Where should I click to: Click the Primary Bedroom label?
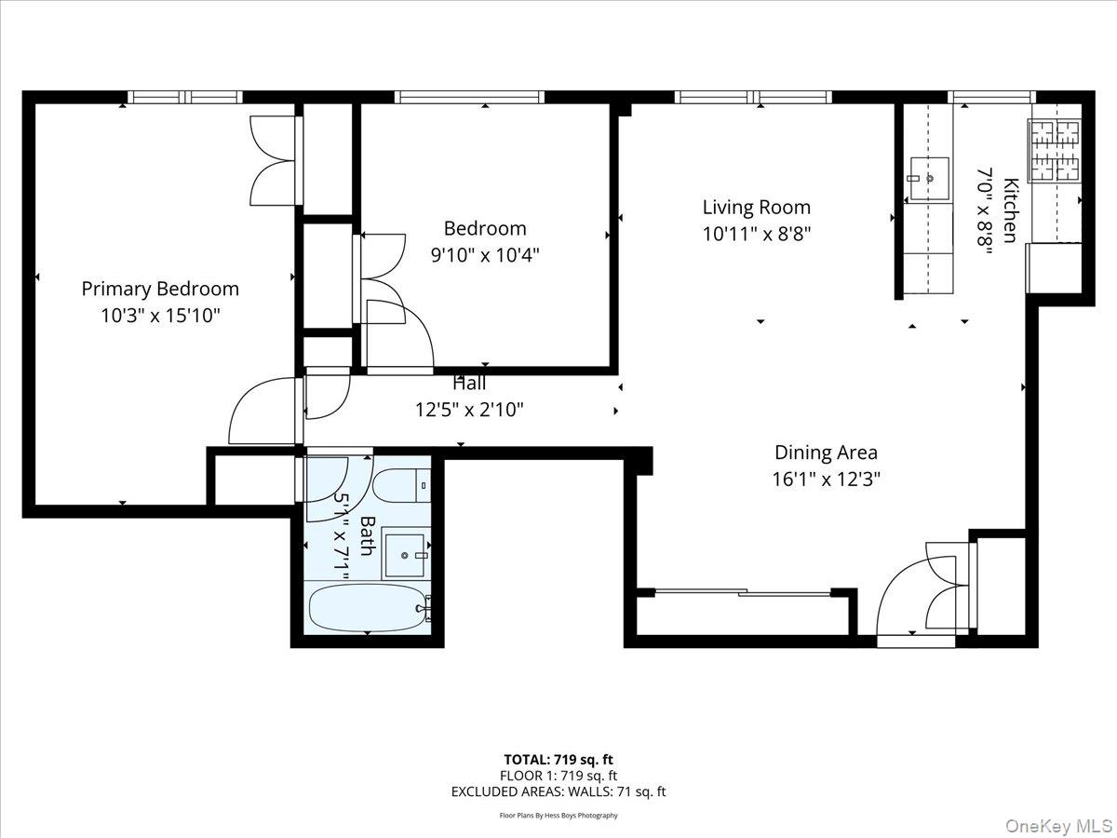point(160,289)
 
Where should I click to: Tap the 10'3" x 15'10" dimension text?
point(160,316)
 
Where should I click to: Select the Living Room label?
point(756,207)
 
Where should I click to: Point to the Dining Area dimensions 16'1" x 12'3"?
point(826,480)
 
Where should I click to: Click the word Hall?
point(469,383)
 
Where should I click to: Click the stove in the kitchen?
point(1055,151)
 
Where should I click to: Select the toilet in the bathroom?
point(401,485)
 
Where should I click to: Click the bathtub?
point(369,607)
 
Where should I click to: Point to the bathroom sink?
point(406,554)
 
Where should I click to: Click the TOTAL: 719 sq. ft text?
point(558,759)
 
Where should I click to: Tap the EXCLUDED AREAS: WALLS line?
point(558,791)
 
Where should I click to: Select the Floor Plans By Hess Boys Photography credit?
point(558,816)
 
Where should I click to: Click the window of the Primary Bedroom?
point(184,97)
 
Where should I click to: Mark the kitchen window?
point(990,97)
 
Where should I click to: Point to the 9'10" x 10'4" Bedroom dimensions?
point(485,253)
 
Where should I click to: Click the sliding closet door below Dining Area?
point(742,592)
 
